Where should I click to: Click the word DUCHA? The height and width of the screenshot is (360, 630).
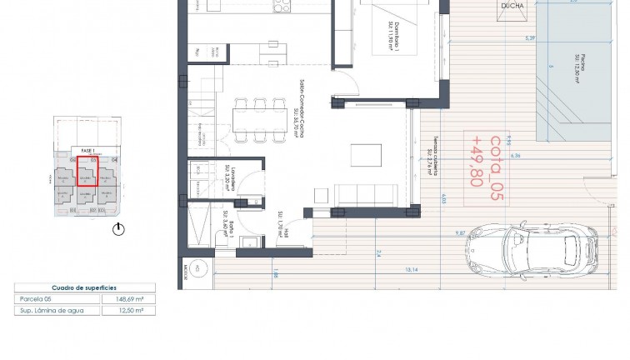pos(512,5)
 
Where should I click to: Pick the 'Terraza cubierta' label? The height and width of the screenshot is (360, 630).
pos(431,158)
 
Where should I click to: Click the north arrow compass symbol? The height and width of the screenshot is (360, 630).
pos(119,227)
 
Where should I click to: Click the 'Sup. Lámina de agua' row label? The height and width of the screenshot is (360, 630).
pos(56,309)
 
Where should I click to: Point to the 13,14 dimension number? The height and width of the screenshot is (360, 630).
pos(411,269)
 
